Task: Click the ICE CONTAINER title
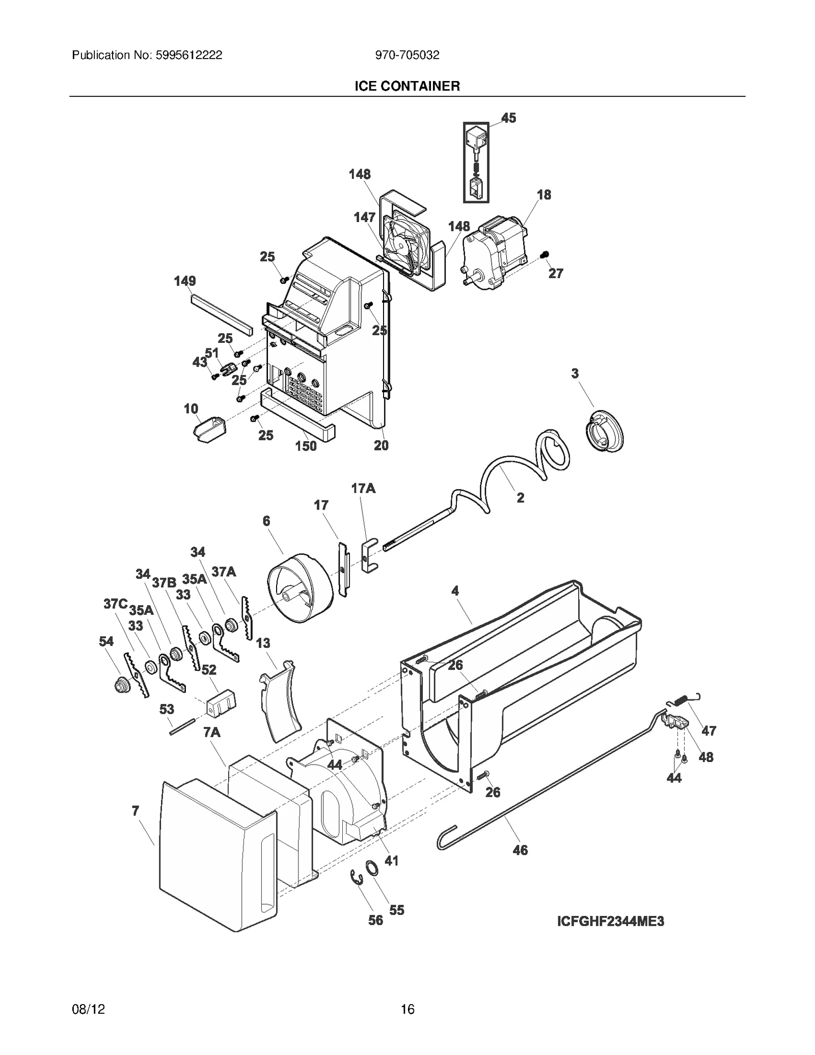pos(407,86)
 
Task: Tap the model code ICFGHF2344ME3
pos(610,922)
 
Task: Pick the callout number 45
pos(508,118)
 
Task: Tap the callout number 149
pos(184,281)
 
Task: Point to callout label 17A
pos(363,489)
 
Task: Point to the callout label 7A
pos(212,733)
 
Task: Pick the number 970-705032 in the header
pos(407,56)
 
